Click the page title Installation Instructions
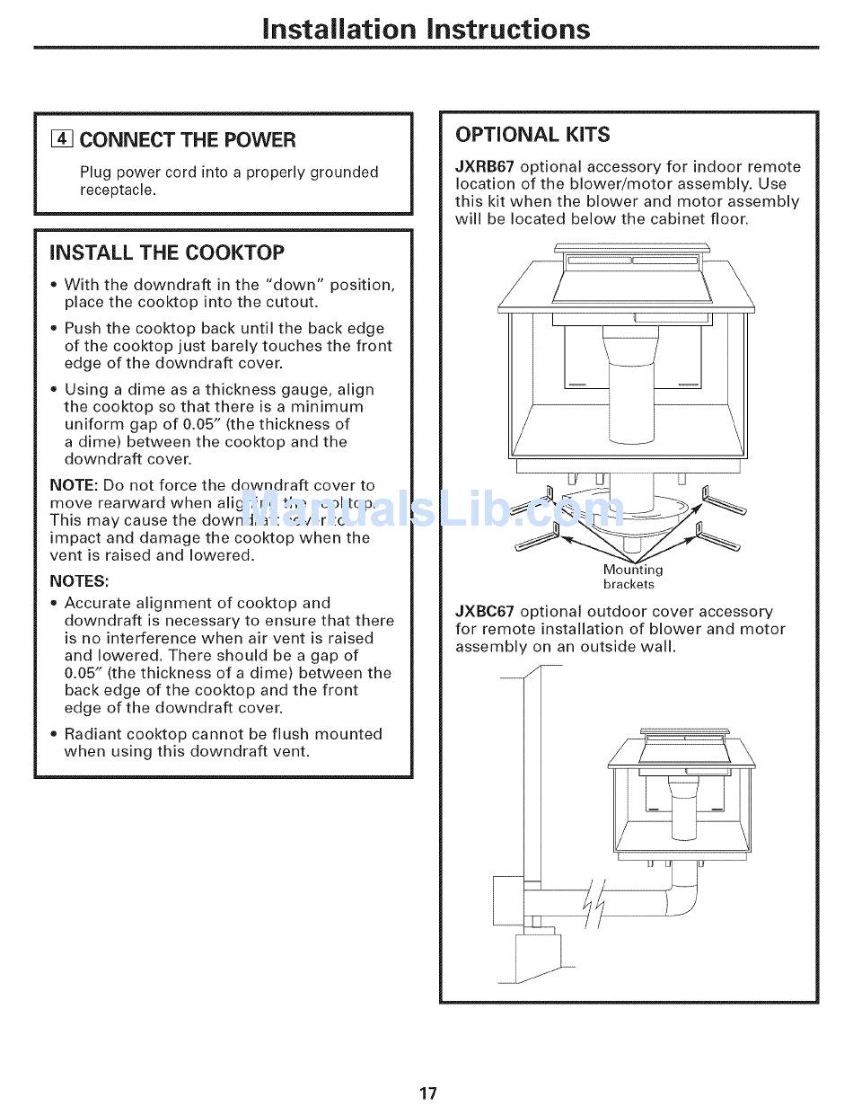tap(426, 29)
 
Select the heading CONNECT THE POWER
tap(187, 139)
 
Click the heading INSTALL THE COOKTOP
tap(167, 252)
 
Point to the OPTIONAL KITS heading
tap(532, 135)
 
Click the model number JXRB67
tap(485, 167)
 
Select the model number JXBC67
tap(485, 612)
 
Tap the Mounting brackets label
tap(632, 577)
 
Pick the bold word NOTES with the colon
tap(79, 580)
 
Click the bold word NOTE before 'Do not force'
tap(74, 485)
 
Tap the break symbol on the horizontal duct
tap(594, 902)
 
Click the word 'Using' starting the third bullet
tap(86, 390)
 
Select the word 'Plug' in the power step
tap(95, 173)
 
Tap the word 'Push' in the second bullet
tap(84, 329)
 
